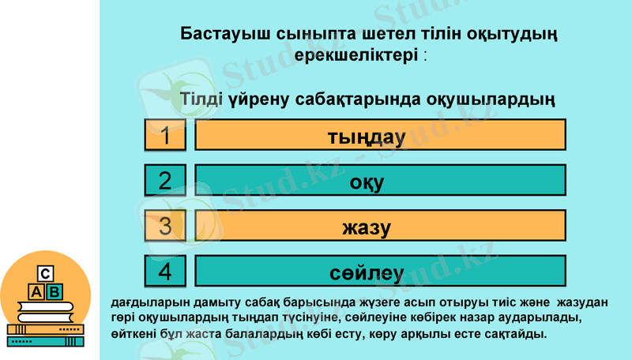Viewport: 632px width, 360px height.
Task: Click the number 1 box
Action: coord(165,135)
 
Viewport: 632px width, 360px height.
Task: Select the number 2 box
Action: coord(165,181)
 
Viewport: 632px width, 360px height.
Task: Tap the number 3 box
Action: coord(165,227)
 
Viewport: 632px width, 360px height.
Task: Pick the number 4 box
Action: coord(165,272)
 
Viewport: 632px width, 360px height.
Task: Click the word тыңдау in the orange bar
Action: coord(366,137)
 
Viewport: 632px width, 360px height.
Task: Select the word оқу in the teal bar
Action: coord(367,182)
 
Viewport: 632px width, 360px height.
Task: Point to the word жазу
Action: coord(367,228)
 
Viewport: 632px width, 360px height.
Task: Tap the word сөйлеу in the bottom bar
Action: coord(367,274)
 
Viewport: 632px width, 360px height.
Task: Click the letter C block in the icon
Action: coord(46,274)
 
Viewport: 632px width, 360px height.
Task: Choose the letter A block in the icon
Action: coord(36,292)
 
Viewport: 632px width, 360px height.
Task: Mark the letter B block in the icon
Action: coord(55,292)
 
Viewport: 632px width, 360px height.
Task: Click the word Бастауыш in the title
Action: coord(224,35)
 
